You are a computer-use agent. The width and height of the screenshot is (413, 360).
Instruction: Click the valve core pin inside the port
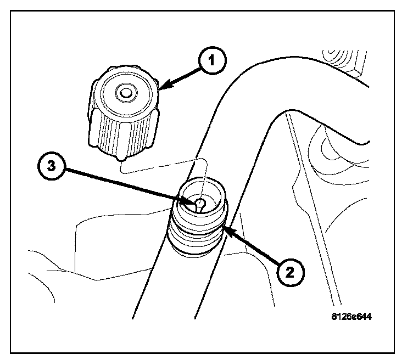pos(202,205)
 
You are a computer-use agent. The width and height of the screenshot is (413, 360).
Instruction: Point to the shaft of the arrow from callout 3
pos(126,187)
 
